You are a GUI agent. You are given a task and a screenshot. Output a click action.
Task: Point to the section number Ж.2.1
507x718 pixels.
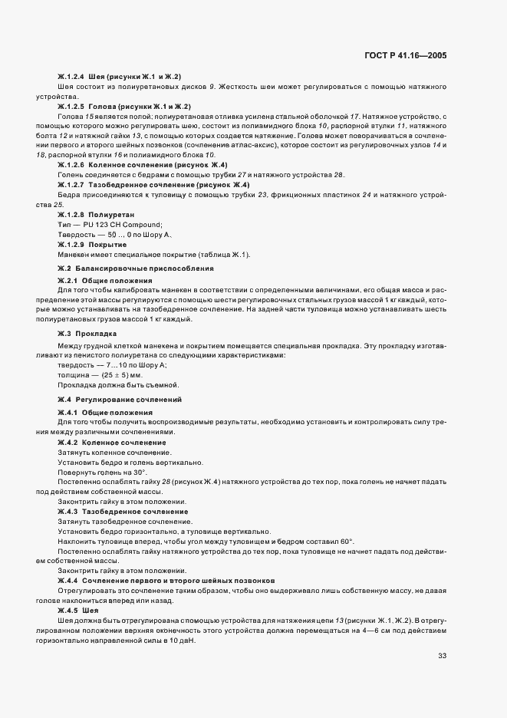(67, 281)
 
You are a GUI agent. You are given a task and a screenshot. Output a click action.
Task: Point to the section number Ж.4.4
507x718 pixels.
(67, 580)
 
